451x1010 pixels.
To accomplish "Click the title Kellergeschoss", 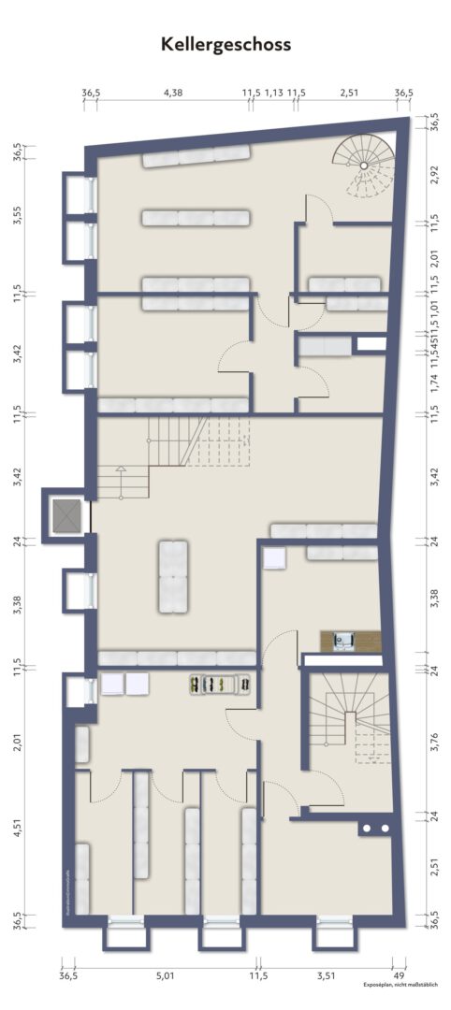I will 225,44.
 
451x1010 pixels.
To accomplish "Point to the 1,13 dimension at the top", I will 273,93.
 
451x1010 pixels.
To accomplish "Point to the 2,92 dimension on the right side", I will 433,178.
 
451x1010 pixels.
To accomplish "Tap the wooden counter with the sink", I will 351,641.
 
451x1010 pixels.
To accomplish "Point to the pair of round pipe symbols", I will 375,829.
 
